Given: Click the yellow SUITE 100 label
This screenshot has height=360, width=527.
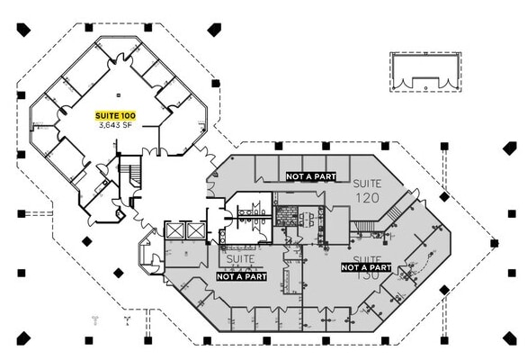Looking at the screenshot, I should [x=116, y=116].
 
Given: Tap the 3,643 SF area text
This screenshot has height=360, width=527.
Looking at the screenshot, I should [x=116, y=126].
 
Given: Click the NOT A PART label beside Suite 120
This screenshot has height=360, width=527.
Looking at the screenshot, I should [x=311, y=177].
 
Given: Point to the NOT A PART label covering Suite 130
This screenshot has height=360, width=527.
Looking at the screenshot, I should [x=366, y=267].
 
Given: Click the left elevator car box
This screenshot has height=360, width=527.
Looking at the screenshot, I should [x=174, y=231].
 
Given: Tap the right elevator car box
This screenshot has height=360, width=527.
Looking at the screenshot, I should [x=195, y=231].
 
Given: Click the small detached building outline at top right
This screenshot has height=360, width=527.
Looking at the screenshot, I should [x=424, y=71].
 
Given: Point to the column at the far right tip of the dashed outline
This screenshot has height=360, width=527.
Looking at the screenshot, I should [x=494, y=243].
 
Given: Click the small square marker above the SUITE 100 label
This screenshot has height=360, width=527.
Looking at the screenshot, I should [x=117, y=94].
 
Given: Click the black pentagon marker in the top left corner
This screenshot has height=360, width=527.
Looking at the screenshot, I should [x=22, y=30].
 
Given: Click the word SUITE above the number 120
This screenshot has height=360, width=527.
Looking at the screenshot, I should [x=366, y=183].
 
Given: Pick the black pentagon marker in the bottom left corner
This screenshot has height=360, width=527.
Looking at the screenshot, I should [x=22, y=338].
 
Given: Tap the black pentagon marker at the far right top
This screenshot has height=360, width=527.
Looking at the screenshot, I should [x=510, y=148].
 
